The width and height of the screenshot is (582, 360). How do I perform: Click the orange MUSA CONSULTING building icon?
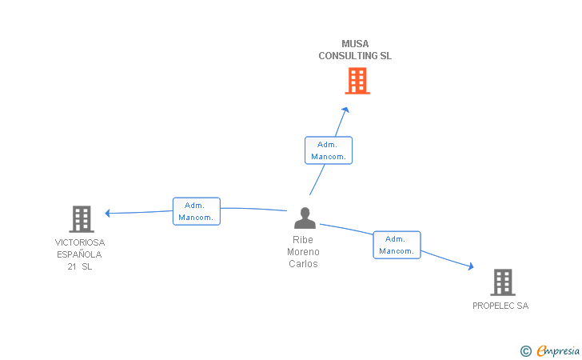(357, 81)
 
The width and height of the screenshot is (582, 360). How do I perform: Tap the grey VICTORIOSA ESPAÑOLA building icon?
(81, 218)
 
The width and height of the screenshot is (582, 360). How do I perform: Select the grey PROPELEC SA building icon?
(502, 282)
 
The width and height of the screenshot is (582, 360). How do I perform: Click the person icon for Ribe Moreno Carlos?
(305, 218)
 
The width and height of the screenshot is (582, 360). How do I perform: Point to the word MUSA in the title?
(355, 44)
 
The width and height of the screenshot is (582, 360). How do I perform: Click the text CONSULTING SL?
(355, 56)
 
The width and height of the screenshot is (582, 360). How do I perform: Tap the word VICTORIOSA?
(80, 242)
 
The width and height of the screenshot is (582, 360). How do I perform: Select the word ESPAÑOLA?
(79, 254)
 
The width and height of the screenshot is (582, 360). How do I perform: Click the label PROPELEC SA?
(500, 306)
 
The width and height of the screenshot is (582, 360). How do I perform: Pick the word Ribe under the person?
(303, 240)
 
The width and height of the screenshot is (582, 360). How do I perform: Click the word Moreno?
(303, 252)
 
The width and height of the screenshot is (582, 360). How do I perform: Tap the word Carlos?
(303, 264)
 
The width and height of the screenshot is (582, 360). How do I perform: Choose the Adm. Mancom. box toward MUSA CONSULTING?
(328, 150)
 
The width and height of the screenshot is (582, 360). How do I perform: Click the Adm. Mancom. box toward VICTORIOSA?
(196, 211)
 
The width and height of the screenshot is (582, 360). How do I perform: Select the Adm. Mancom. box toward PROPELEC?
(397, 245)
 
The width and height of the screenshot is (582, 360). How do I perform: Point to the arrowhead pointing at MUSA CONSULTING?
(345, 110)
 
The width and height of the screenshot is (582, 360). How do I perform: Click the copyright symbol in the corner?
(525, 350)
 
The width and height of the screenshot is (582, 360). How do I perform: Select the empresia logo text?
(558, 350)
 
